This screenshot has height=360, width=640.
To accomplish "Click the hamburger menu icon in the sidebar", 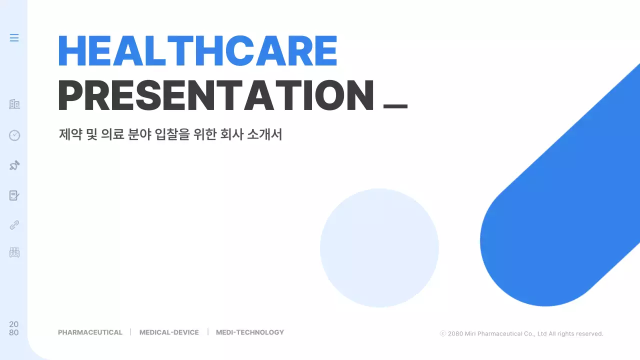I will (x=14, y=38).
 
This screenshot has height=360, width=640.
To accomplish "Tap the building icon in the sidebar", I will (x=14, y=104).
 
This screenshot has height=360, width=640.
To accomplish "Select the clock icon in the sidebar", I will (x=14, y=135).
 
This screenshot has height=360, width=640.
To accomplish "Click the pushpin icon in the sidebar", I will (x=14, y=165).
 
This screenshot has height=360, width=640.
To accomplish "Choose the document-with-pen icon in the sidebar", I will (x=14, y=195).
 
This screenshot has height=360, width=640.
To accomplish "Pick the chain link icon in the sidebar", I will (x=14, y=225).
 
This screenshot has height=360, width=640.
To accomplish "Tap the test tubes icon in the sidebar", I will (x=14, y=252).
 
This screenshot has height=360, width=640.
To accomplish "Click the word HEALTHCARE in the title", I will (x=198, y=51).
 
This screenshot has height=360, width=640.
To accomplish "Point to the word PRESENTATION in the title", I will (x=216, y=96).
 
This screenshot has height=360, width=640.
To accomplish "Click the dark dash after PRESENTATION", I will (x=395, y=106).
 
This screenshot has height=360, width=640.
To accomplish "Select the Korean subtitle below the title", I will (x=170, y=134).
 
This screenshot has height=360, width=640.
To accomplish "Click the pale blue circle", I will (x=379, y=248).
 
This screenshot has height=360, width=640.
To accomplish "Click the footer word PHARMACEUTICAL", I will (x=90, y=332).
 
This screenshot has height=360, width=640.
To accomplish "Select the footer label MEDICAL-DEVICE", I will (x=169, y=332).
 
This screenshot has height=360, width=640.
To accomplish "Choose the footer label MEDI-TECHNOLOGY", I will (x=250, y=332).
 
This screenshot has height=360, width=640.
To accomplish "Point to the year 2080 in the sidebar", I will (x=14, y=328).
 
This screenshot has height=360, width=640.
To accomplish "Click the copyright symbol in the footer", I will (x=442, y=333).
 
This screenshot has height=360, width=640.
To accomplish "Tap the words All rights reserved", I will (x=576, y=333).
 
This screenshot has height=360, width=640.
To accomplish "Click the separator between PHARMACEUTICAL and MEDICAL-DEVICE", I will (x=130, y=332).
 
